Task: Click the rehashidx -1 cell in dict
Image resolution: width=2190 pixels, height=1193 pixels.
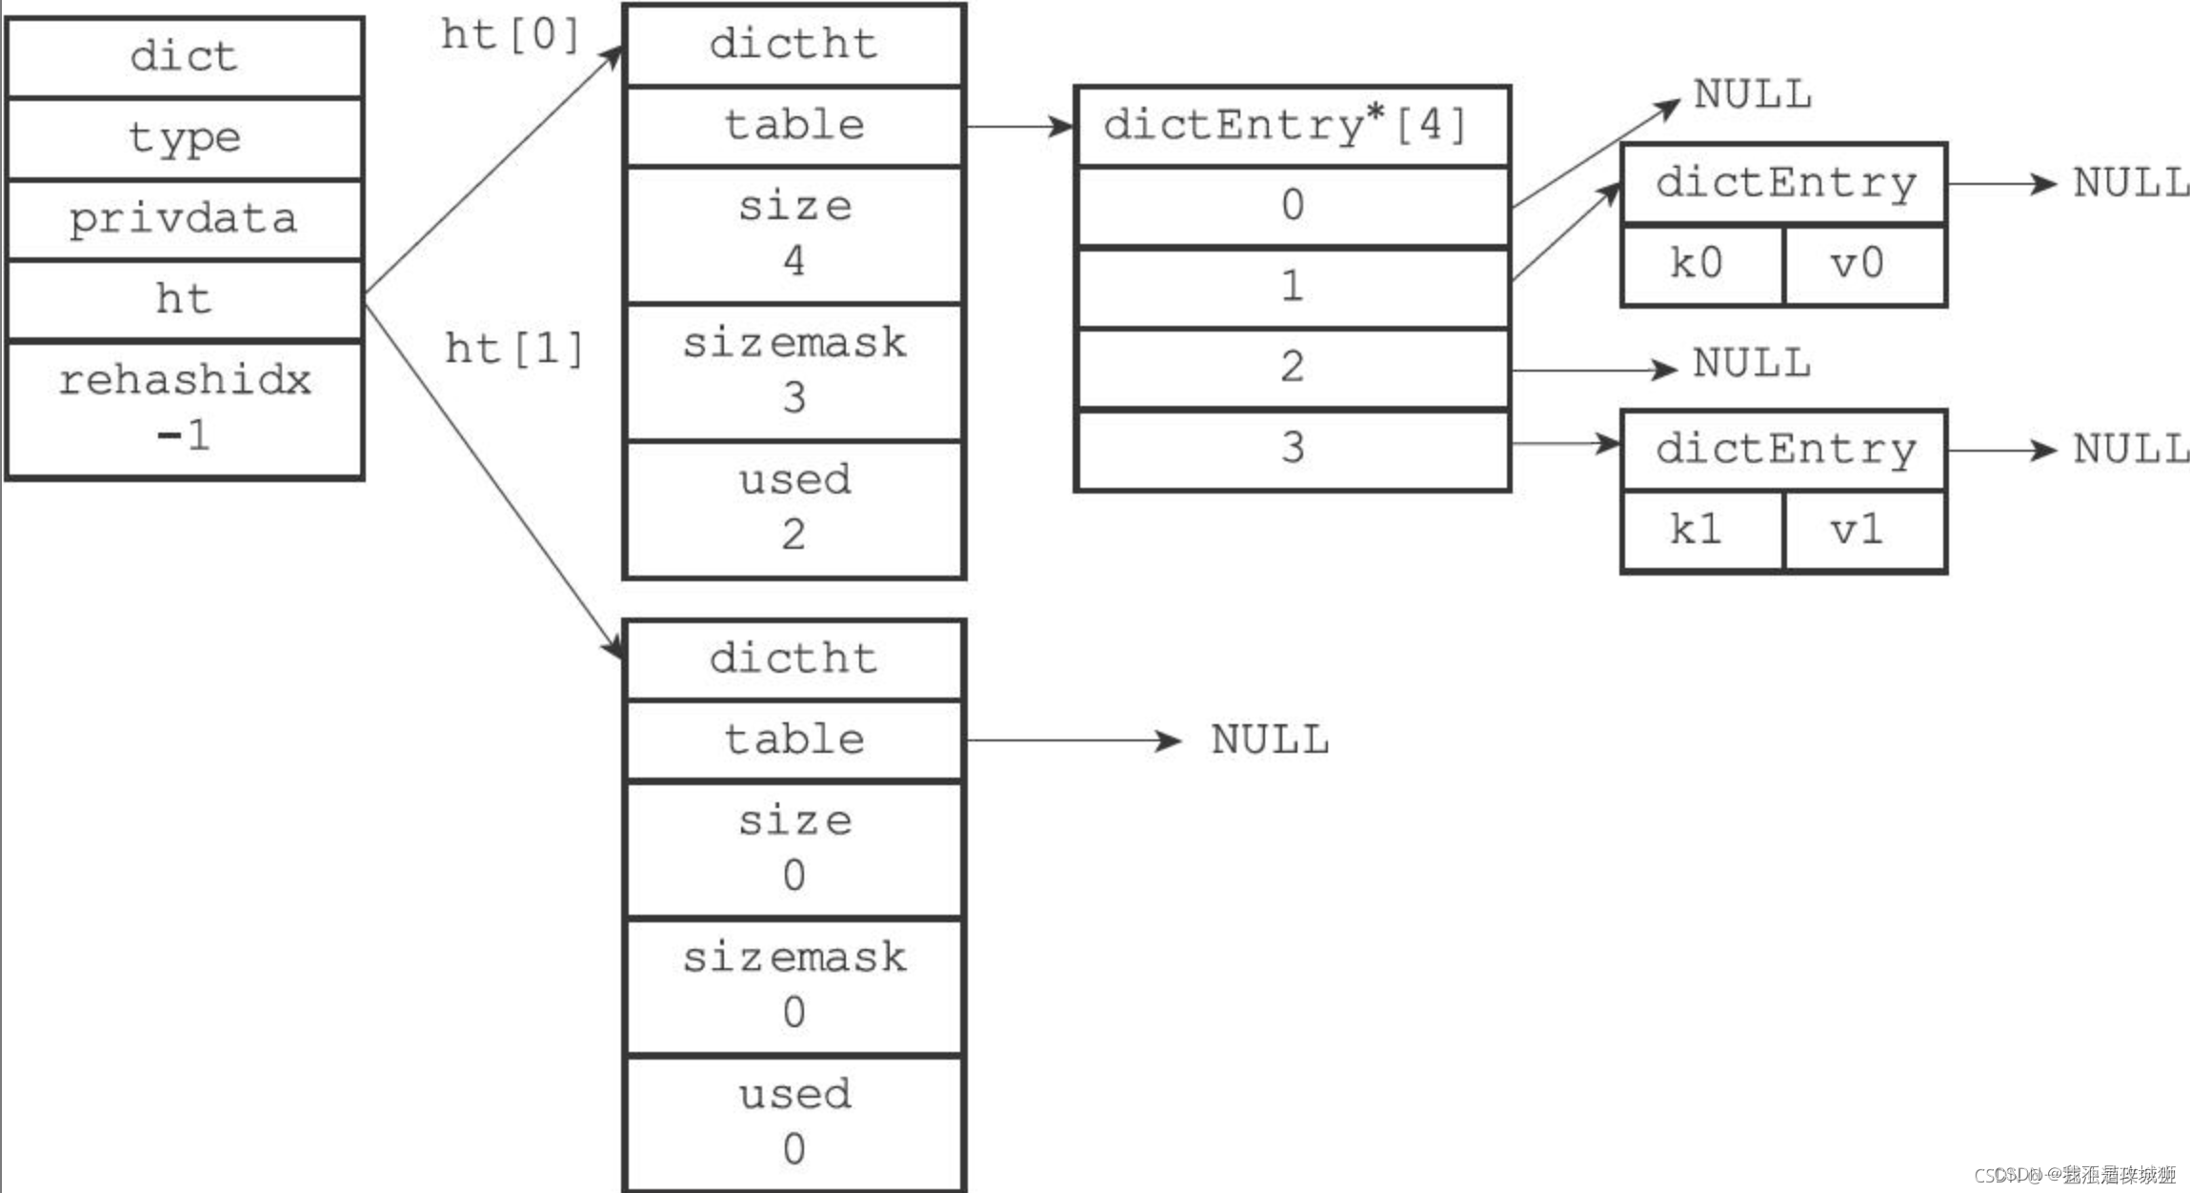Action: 184,408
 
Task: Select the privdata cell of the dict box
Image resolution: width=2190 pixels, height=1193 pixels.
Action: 184,218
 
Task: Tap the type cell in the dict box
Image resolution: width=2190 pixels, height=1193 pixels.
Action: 184,137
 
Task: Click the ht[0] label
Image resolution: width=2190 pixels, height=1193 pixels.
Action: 510,35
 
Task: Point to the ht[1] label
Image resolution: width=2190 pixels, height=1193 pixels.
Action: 514,349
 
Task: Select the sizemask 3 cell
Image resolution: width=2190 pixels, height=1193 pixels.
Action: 794,371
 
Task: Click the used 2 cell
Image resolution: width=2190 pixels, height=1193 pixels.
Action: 794,508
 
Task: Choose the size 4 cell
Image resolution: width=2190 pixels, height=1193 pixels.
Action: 794,234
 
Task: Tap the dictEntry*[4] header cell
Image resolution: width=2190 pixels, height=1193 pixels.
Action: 1291,126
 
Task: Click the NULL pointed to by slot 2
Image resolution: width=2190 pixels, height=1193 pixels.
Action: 1751,364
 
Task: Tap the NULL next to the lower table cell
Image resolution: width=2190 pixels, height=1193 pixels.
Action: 1269,740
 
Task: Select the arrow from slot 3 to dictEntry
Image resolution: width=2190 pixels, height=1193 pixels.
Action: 1564,443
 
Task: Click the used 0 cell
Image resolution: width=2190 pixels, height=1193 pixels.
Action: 794,1122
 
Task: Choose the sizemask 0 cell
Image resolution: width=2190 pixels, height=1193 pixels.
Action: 794,985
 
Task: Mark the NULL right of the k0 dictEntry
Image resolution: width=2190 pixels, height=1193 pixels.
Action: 2130,183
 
